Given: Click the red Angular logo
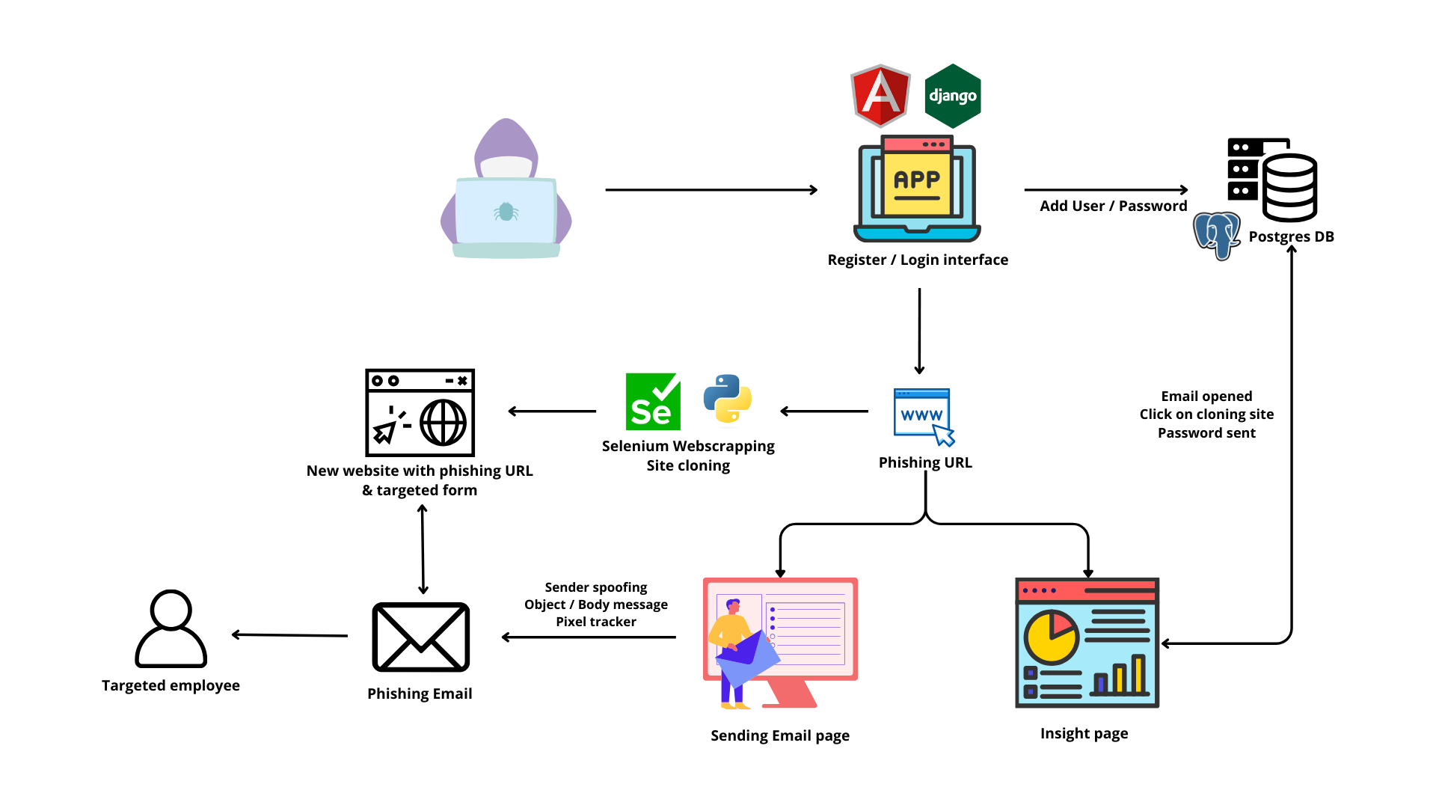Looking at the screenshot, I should pyautogui.click(x=880, y=96).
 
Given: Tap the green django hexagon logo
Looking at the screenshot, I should pyautogui.click(x=952, y=96).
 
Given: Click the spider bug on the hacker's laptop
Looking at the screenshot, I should pyautogui.click(x=506, y=212).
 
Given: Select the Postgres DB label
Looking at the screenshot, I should pyautogui.click(x=1291, y=236).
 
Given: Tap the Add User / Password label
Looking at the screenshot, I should pyautogui.click(x=1113, y=206).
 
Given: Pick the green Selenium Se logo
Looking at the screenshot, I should pyautogui.click(x=653, y=402).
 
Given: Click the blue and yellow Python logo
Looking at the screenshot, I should pyautogui.click(x=728, y=399).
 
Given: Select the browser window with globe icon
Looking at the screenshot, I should pyautogui.click(x=420, y=412).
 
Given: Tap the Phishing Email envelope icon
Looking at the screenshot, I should pyautogui.click(x=421, y=637).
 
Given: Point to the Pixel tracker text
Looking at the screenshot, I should pyautogui.click(x=596, y=622).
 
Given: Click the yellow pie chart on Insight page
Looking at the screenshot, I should pyautogui.click(x=1051, y=637).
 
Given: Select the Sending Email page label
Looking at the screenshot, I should pyautogui.click(x=780, y=735).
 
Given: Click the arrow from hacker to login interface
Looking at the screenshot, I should pyautogui.click(x=711, y=190).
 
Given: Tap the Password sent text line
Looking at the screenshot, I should pyautogui.click(x=1206, y=433).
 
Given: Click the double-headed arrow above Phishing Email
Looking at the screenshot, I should pyautogui.click(x=423, y=549).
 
